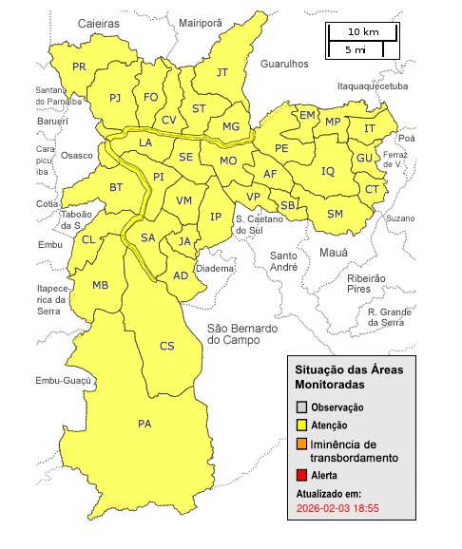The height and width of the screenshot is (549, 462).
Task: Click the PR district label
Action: tap(79, 66)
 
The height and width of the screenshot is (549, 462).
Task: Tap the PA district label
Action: tap(144, 424)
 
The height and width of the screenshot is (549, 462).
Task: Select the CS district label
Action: tap(166, 346)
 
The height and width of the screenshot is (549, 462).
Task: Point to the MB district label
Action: tap(100, 285)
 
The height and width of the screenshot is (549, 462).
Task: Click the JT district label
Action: tap(222, 72)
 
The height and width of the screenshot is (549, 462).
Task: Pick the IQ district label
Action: tap(328, 171)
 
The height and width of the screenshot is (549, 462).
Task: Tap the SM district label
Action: tap(335, 214)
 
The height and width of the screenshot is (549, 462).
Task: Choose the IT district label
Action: tap(370, 128)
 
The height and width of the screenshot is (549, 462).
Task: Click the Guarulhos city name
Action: tap(283, 64)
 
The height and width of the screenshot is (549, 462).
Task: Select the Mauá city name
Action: tap(333, 255)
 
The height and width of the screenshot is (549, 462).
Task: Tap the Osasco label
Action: tap(77, 155)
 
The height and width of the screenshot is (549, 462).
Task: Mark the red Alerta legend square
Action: tap(301, 474)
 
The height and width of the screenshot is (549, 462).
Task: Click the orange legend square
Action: tap(301, 445)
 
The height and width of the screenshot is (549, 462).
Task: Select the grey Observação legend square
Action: tap(301, 407)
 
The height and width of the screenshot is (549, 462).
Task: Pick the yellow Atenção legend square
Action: tap(301, 426)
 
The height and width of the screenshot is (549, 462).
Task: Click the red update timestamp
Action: tap(337, 509)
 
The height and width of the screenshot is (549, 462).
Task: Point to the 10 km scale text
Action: tap(363, 31)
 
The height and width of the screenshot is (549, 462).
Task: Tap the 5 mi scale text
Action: tap(356, 47)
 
